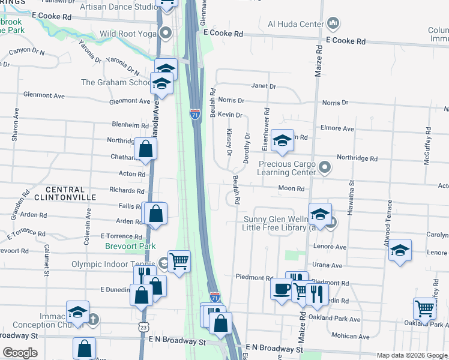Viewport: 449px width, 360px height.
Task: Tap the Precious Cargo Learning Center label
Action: (287, 167)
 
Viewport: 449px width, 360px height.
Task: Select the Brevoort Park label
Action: (130, 246)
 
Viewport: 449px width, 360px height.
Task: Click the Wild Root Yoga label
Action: (127, 34)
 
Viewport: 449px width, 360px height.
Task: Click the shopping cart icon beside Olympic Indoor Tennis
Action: (179, 261)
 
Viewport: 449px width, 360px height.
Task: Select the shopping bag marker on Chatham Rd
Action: (146, 148)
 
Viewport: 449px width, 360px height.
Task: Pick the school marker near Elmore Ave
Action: (282, 140)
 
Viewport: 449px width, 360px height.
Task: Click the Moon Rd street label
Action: (292, 188)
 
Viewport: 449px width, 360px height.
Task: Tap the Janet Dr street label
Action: (264, 86)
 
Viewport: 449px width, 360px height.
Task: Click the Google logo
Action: (20, 353)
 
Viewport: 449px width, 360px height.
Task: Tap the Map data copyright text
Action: (412, 355)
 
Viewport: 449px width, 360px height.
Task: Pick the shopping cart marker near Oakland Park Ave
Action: (425, 308)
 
